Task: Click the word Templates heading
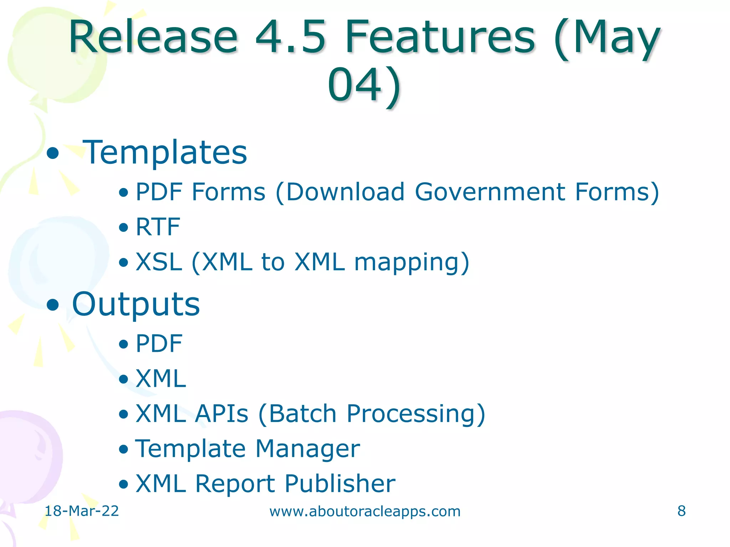pos(165,152)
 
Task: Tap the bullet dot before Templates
pos(53,153)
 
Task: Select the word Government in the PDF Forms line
pos(490,192)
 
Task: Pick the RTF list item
pos(158,227)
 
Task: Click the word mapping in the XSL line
pos(412,262)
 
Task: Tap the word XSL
pos(159,262)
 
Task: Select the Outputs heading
pos(136,304)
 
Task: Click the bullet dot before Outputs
pos(53,305)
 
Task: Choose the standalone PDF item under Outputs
pos(159,344)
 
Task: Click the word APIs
pos(222,414)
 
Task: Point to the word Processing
pos(416,414)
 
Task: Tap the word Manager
pos(308,449)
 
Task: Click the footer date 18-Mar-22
pos(82,511)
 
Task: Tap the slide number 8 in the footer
pos(681,511)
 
